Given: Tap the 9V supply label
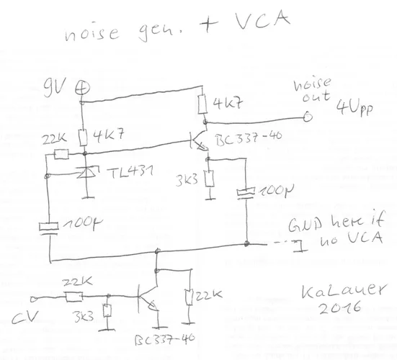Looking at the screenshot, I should [55, 89].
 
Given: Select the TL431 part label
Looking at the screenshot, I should [126, 174].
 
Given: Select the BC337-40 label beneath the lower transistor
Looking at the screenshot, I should [161, 338].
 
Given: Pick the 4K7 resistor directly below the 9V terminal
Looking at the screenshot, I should [84, 136].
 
